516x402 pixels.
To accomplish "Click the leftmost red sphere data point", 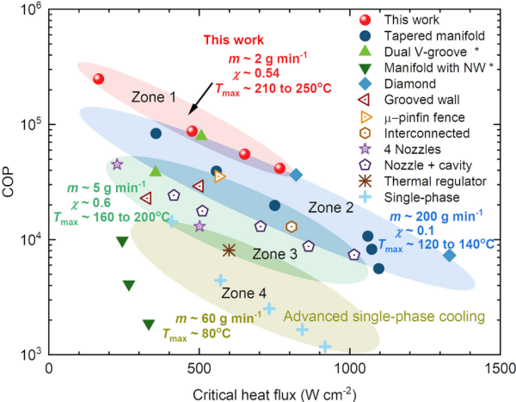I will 98,79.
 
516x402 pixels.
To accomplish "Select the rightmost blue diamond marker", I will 449,255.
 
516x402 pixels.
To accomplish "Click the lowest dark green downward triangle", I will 149,325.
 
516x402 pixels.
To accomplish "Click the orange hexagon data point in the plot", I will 292,226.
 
